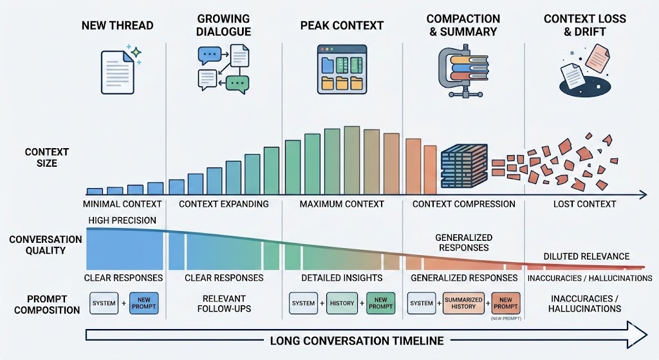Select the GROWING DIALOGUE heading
click(224, 25)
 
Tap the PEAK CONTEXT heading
click(342, 26)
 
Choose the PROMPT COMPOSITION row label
click(45, 304)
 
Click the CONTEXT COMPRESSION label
click(463, 204)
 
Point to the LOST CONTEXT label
click(584, 204)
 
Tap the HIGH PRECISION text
click(122, 220)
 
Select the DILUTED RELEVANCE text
click(586, 256)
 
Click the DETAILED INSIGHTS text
click(342, 278)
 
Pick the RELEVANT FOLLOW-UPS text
click(224, 303)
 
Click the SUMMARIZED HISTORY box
click(459, 303)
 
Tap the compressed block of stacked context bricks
click(464, 161)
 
